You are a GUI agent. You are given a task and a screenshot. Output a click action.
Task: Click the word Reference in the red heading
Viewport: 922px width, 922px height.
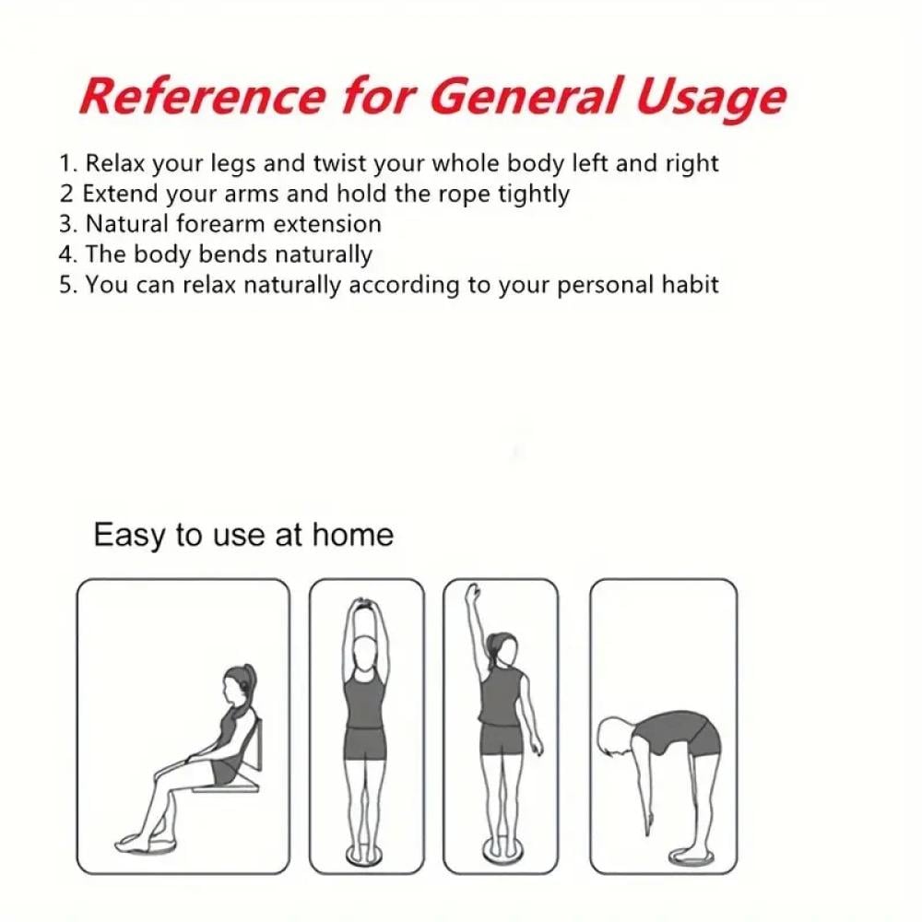click(202, 96)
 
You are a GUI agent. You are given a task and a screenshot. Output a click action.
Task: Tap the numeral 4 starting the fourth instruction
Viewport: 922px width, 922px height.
click(65, 254)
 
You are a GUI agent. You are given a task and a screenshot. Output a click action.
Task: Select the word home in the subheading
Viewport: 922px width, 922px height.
click(352, 535)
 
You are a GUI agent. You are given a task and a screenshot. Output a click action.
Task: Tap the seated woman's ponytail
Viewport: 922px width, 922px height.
click(251, 683)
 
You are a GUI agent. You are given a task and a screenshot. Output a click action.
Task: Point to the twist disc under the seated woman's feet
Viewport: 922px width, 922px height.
click(147, 845)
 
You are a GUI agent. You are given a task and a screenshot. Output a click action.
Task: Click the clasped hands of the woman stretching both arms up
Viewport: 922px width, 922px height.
click(365, 604)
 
